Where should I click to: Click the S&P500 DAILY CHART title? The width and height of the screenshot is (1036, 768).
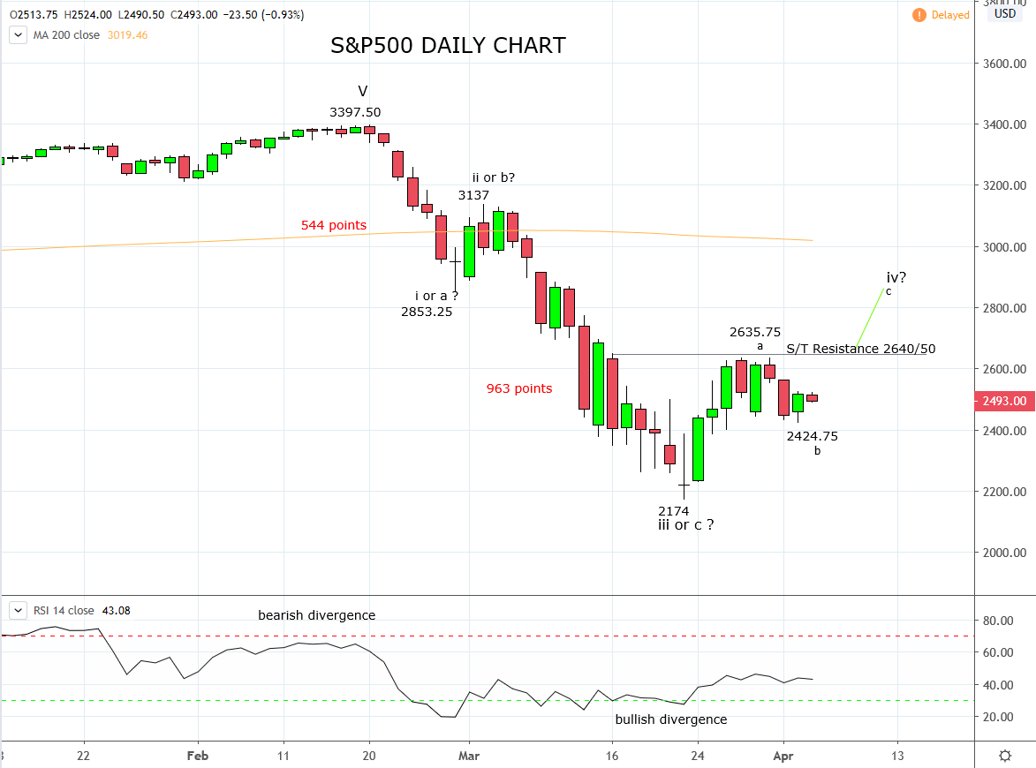coord(448,46)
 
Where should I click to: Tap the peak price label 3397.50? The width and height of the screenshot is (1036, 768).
coord(355,112)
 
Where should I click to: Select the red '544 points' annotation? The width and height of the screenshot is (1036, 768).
coord(334,225)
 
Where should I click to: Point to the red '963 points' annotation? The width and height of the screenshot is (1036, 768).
coord(519,388)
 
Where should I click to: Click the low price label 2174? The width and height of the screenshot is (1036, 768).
coord(673,511)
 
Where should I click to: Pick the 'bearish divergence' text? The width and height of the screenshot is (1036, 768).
coord(316,615)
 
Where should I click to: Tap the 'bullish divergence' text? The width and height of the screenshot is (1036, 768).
coord(670,719)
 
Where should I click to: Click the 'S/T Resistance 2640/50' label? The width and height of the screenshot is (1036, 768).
coord(861,349)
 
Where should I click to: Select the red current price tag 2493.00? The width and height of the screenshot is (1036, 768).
coord(1004,401)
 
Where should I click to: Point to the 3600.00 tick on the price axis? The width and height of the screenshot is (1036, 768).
coord(1004,64)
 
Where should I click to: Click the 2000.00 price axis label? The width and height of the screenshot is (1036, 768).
coord(1004,553)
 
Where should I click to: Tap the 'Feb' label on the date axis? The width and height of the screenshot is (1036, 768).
coord(198,756)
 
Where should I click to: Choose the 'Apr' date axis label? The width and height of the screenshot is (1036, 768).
coord(783,756)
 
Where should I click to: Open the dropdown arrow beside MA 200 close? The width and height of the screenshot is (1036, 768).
coord(18,35)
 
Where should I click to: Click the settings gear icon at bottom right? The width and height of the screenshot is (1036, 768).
coord(1005,756)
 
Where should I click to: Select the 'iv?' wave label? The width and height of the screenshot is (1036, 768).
coord(896,277)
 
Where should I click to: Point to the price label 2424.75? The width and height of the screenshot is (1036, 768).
coord(812,436)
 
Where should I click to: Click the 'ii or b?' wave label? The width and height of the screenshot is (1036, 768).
coord(494,177)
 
